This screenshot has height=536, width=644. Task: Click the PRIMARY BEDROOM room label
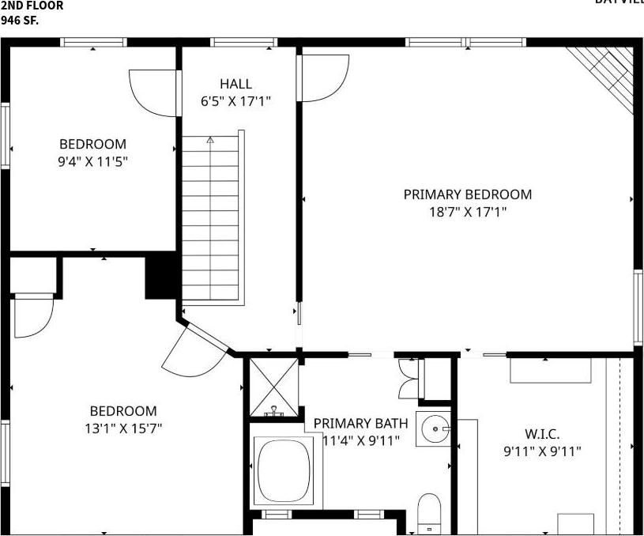(467, 194)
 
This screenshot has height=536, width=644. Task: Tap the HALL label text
(236, 84)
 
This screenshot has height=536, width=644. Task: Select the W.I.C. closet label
(542, 434)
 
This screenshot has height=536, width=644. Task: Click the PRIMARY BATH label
(360, 424)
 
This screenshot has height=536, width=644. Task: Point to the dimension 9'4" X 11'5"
(92, 161)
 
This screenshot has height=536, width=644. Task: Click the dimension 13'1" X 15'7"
(122, 428)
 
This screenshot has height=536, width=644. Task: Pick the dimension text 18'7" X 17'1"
(467, 212)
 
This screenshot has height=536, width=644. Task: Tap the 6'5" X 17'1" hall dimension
(236, 100)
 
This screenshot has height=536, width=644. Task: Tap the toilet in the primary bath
(429, 511)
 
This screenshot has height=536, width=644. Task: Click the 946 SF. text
(19, 19)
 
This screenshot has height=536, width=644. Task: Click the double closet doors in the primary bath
(409, 379)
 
